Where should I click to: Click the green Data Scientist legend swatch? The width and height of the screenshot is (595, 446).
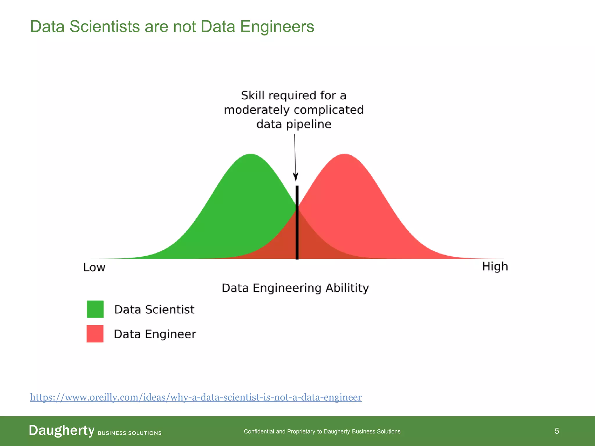pyautogui.click(x=95, y=309)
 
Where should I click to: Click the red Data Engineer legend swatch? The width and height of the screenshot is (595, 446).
pyautogui.click(x=95, y=334)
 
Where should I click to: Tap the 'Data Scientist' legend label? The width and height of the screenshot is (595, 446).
pyautogui.click(x=154, y=310)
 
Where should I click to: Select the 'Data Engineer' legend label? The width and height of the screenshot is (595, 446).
pyautogui.click(x=155, y=334)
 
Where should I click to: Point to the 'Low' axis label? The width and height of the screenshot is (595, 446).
pyautogui.click(x=94, y=267)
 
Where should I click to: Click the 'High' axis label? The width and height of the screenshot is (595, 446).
pyautogui.click(x=495, y=267)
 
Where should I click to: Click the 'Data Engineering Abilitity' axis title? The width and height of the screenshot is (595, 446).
pyautogui.click(x=295, y=288)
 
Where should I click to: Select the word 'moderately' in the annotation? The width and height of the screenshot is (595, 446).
pyautogui.click(x=257, y=110)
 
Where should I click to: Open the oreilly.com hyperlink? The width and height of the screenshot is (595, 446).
pyautogui.click(x=196, y=397)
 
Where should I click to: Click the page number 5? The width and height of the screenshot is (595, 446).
pyautogui.click(x=557, y=431)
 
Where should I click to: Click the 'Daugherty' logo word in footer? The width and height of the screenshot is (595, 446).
pyautogui.click(x=62, y=430)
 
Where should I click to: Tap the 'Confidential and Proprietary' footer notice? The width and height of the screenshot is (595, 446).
pyautogui.click(x=322, y=431)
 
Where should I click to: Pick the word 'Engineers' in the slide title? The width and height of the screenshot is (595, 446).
pyautogui.click(x=277, y=26)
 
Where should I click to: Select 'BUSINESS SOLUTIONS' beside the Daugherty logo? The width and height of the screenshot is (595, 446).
pyautogui.click(x=130, y=433)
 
